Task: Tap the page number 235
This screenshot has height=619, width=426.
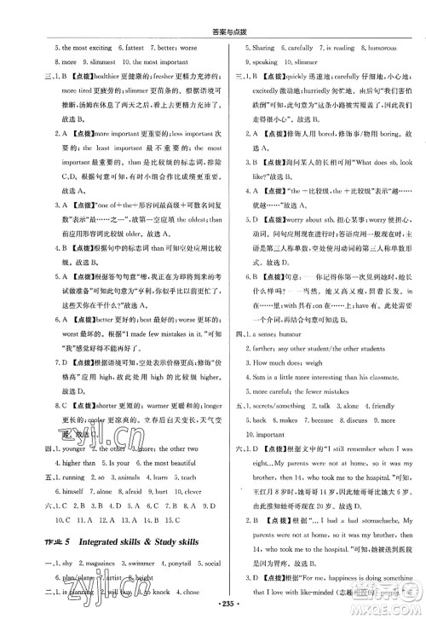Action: (213, 607)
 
